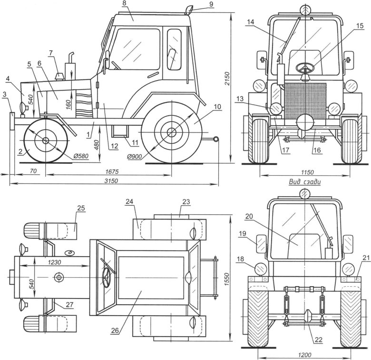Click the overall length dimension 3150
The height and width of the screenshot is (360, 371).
tap(111, 180)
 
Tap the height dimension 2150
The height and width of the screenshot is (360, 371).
tap(227, 79)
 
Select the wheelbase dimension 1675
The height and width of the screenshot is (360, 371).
tap(112, 171)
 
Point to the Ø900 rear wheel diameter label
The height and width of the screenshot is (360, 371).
tap(134, 157)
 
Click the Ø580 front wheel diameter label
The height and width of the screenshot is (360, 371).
tap(81, 156)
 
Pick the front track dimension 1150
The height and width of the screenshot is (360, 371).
tap(308, 172)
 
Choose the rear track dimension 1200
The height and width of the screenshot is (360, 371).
tap(305, 355)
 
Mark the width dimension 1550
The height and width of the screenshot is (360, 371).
tap(227, 279)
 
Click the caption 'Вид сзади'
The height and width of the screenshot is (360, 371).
tap(305, 182)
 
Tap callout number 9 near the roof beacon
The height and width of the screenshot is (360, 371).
tap(211, 4)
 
